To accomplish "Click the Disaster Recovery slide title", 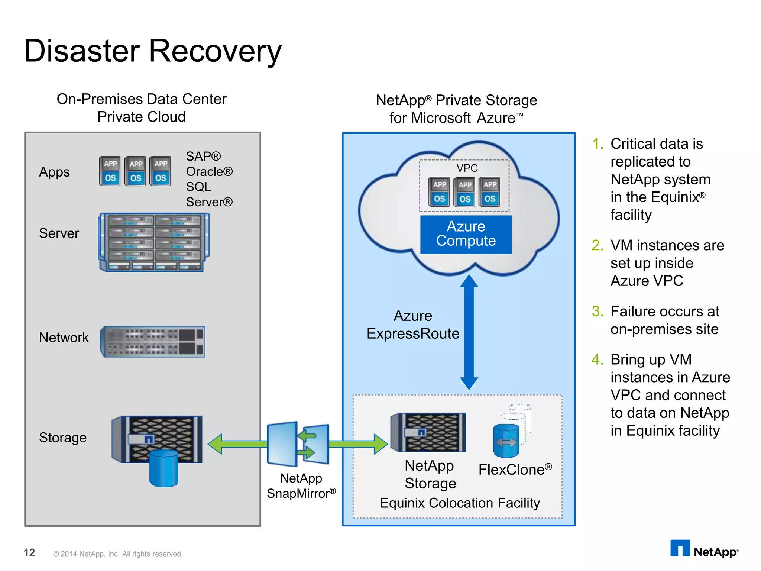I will (152, 51).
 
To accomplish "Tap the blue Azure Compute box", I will (466, 234).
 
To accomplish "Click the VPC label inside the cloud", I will (467, 168).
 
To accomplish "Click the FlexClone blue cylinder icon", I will (506, 441).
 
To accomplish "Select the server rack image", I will (153, 242).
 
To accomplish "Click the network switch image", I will (152, 341).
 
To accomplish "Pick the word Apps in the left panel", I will (54, 172).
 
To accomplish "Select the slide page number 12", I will (29, 552).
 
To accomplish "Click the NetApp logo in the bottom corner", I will (704, 549).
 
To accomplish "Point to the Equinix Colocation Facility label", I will (460, 503).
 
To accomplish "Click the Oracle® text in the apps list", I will (209, 172).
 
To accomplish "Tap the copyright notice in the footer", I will (118, 554).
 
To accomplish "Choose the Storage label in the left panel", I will (63, 438).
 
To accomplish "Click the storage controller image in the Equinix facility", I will (428, 432).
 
